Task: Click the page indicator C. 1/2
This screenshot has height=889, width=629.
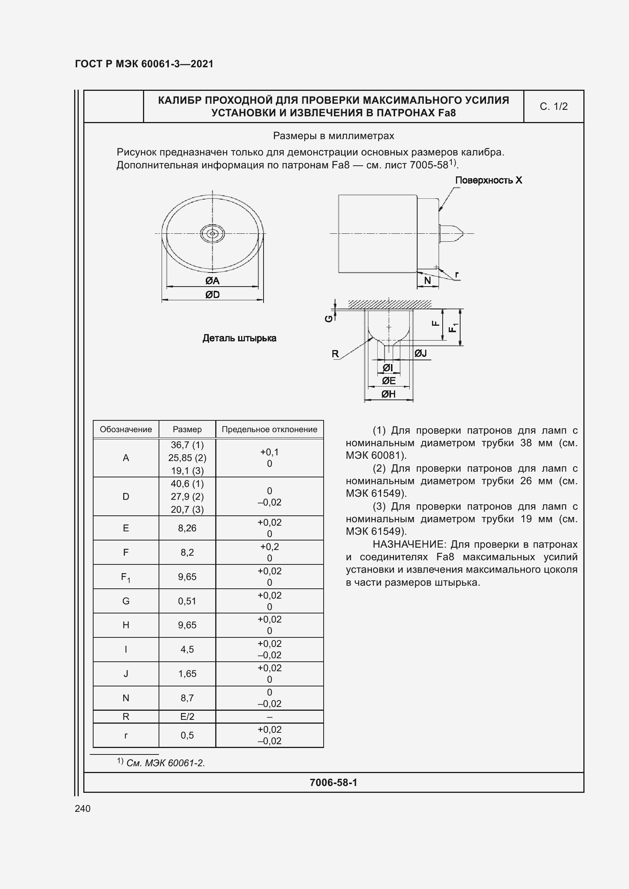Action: click(553, 106)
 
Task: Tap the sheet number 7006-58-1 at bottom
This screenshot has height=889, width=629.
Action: click(333, 783)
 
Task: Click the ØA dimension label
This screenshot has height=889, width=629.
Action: click(212, 280)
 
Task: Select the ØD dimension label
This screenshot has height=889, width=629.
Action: click(212, 295)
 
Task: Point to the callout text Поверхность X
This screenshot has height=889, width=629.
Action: click(488, 180)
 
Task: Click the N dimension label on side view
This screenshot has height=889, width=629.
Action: click(427, 280)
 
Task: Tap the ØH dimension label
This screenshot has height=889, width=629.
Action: click(388, 394)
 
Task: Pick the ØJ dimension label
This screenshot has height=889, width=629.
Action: click(420, 353)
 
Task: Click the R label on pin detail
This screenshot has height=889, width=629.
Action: click(335, 353)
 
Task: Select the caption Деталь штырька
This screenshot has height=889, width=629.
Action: click(239, 338)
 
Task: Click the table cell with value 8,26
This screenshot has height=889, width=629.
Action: click(187, 528)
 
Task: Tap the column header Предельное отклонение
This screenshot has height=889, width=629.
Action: click(269, 429)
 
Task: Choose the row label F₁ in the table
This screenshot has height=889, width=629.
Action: click(125, 577)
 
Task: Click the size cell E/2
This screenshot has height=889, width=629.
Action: click(187, 717)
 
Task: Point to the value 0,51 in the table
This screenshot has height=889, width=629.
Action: click(187, 601)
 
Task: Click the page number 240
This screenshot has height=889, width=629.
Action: click(83, 808)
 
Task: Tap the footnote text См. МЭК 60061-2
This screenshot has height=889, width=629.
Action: click(165, 763)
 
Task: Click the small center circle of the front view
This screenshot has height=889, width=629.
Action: click(212, 233)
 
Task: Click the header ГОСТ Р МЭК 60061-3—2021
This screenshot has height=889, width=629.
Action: click(144, 64)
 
